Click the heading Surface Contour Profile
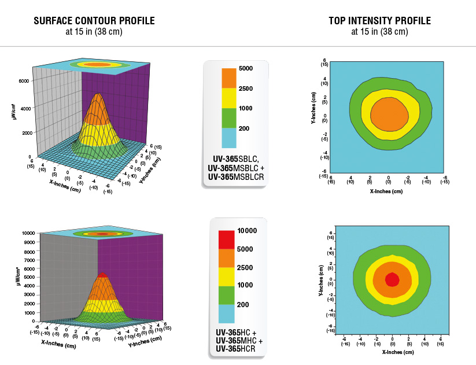pyautogui.click(x=94, y=21)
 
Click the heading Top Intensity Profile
pyautogui.click(x=379, y=21)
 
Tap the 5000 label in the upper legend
pyautogui.click(x=246, y=69)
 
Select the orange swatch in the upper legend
pyautogui.click(x=229, y=78)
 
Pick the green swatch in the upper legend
pyautogui.click(x=229, y=117)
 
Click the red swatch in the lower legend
pyautogui.click(x=226, y=239)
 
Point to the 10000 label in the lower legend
pyautogui.click(x=247, y=231)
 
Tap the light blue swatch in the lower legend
pyautogui.click(x=226, y=313)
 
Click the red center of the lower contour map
pyautogui.click(x=392, y=279)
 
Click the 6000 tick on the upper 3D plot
pyautogui.click(x=24, y=81)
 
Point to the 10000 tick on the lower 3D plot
pyautogui.click(x=28, y=233)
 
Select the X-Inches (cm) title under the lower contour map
pyautogui.click(x=394, y=352)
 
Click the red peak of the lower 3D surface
pyautogui.click(x=102, y=275)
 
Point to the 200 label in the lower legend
pyautogui.click(x=243, y=304)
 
